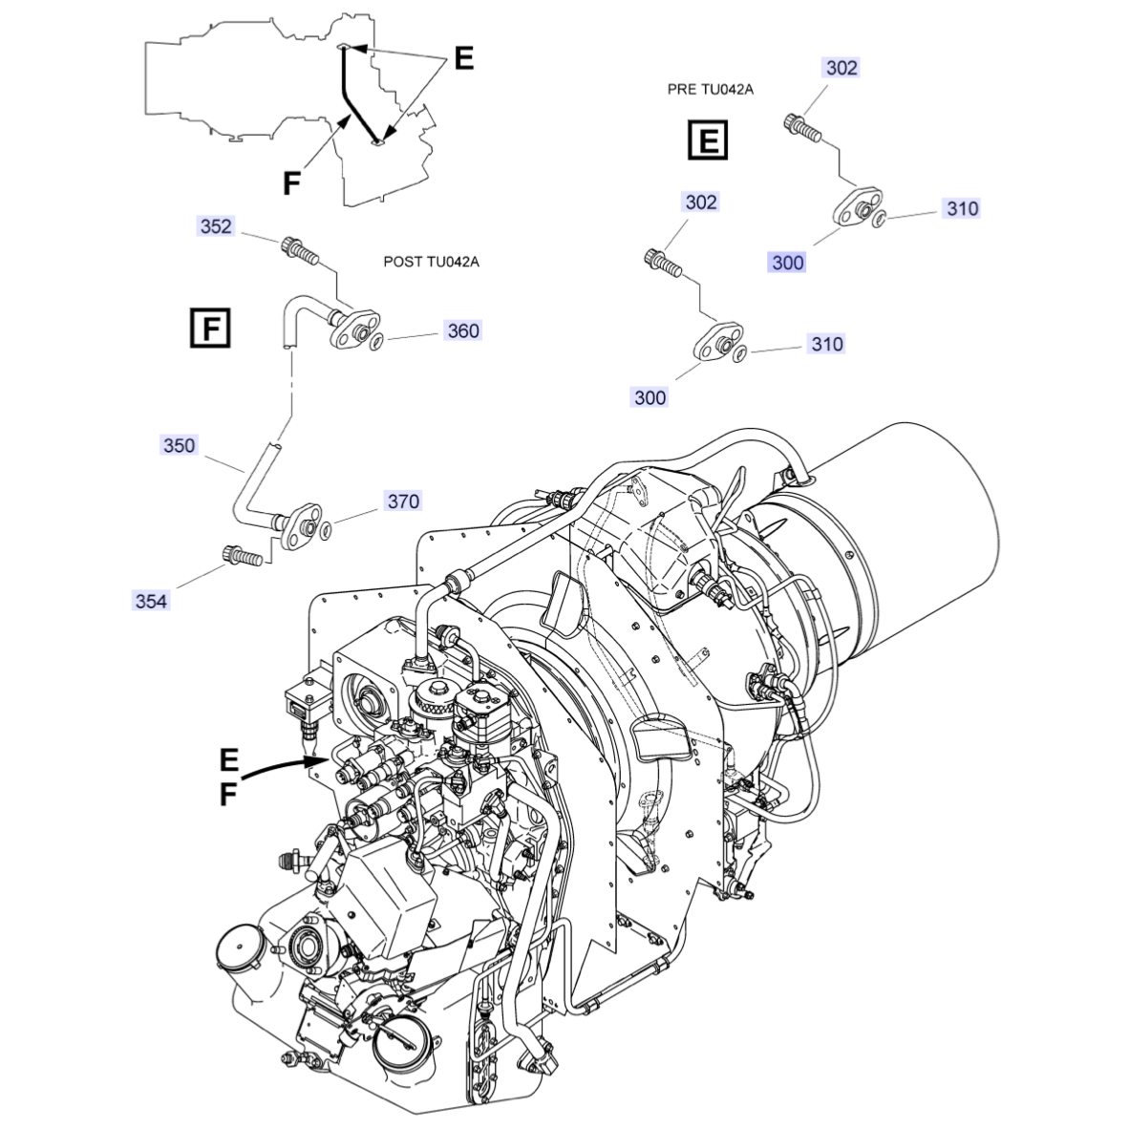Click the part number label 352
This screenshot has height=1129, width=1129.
pyautogui.click(x=215, y=226)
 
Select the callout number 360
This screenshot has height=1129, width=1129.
pyautogui.click(x=463, y=330)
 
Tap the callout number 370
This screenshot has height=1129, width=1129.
pyautogui.click(x=403, y=501)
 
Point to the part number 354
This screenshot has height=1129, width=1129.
pyautogui.click(x=151, y=601)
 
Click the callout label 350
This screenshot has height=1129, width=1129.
pyautogui.click(x=179, y=445)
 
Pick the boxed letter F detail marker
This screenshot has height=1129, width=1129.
pyautogui.click(x=210, y=328)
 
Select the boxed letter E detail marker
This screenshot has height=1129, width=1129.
pyautogui.click(x=709, y=139)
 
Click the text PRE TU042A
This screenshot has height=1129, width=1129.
pyautogui.click(x=710, y=89)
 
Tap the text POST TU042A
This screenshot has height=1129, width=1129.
pyautogui.click(x=431, y=262)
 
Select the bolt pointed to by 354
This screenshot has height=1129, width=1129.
pyautogui.click(x=242, y=556)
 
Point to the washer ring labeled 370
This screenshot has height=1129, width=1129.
pyautogui.click(x=326, y=531)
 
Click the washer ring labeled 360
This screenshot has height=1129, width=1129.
pyautogui.click(x=375, y=341)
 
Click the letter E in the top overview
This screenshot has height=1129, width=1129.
pyautogui.click(x=463, y=58)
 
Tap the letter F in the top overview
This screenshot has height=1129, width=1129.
pyautogui.click(x=291, y=183)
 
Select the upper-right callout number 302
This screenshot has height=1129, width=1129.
pyautogui.click(x=841, y=68)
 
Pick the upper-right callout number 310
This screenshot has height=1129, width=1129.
pyautogui.click(x=962, y=208)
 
